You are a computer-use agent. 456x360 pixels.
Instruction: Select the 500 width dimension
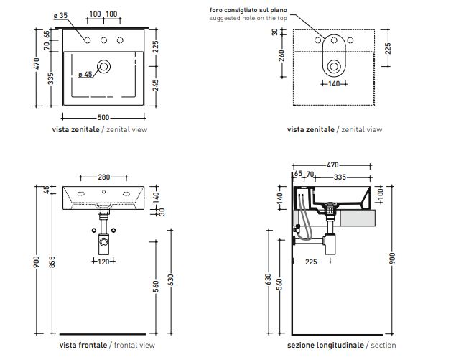pyautogui.click(x=104, y=116)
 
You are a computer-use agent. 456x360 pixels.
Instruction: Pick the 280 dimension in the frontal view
pyautogui.click(x=104, y=176)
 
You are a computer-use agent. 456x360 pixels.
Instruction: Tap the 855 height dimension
pyautogui.click(x=52, y=263)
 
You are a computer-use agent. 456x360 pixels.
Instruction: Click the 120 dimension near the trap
pyautogui.click(x=105, y=261)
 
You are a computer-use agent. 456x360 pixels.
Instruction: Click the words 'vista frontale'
pyautogui.click(x=75, y=345)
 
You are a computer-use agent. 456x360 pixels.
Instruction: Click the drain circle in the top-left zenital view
pyautogui.click(x=105, y=67)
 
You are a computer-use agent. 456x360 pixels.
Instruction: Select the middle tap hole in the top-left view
pyautogui.click(x=104, y=40)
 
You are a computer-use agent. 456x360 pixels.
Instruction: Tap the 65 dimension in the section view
pyautogui.click(x=296, y=174)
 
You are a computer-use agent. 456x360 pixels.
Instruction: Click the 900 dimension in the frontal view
pyautogui.click(x=38, y=263)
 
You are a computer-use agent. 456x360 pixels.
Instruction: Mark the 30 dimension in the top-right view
pyautogui.click(x=275, y=32)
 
